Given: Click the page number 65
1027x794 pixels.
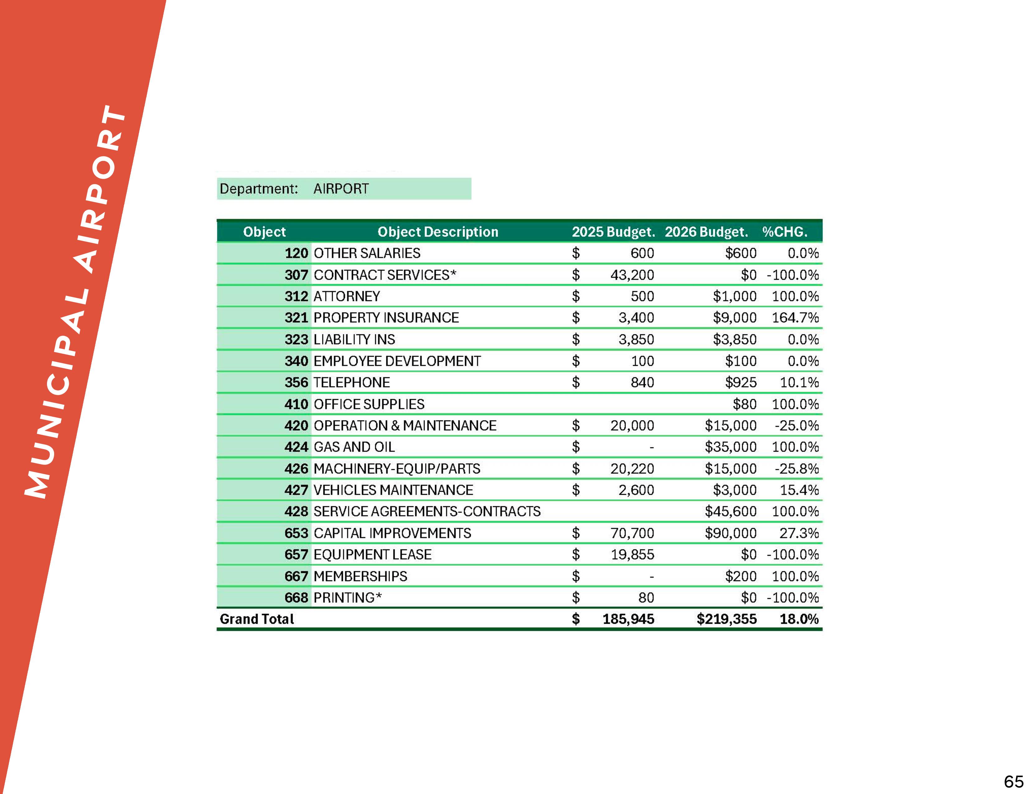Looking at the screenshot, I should pos(1013,781).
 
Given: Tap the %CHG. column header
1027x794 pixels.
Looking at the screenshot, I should pos(784,232).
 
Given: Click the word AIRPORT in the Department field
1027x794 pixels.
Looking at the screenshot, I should pos(341,189).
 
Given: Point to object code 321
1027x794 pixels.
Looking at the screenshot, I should pos(296,318).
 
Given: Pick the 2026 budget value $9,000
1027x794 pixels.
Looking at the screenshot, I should pos(734,318).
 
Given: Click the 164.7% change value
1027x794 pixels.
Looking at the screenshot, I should pos(795,318).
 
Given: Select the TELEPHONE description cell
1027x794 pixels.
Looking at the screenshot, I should pos(351,382).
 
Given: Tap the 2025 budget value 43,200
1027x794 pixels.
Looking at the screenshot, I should pos(632,275).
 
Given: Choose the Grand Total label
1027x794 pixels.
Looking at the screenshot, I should pos(257,619).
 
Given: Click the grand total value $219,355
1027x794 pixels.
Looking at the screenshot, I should pos(726,619).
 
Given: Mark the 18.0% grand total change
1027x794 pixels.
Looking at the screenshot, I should pos(799,619).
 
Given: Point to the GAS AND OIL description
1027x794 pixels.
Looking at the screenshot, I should pos(354,447).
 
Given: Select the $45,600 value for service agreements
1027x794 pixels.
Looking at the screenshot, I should pos(730,511).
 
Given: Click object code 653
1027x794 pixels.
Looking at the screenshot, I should pos(296,533).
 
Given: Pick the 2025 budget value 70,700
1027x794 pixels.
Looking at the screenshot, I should pos(632,533).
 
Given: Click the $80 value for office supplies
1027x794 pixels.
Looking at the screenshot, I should pos(744,404).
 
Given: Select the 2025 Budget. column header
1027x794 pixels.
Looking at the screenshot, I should pos(613,232).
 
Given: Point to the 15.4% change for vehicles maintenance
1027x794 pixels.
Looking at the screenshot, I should pos(799,490).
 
